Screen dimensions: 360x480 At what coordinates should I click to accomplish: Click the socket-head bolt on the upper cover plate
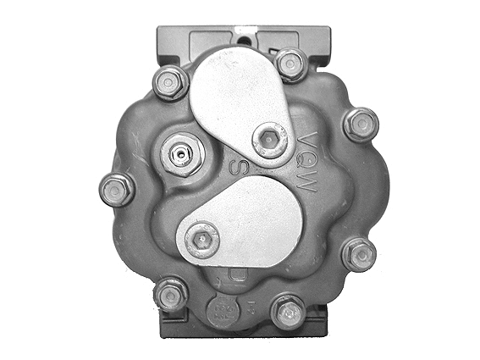click(270, 139)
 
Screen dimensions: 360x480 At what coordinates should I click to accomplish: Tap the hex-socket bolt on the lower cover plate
click(201, 238)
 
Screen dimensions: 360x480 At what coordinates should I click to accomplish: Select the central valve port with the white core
click(180, 155)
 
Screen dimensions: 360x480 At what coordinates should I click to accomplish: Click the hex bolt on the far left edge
click(116, 188)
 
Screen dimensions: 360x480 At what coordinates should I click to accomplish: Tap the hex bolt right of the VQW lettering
click(361, 124)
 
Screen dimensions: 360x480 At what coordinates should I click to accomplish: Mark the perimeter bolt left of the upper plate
click(171, 82)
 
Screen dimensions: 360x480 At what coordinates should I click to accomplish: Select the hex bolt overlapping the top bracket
click(291, 64)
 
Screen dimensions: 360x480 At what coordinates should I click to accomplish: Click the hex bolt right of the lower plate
click(359, 253)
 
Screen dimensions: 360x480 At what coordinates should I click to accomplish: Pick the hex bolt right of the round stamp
click(288, 312)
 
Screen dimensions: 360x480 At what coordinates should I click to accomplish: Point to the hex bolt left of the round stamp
click(171, 294)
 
